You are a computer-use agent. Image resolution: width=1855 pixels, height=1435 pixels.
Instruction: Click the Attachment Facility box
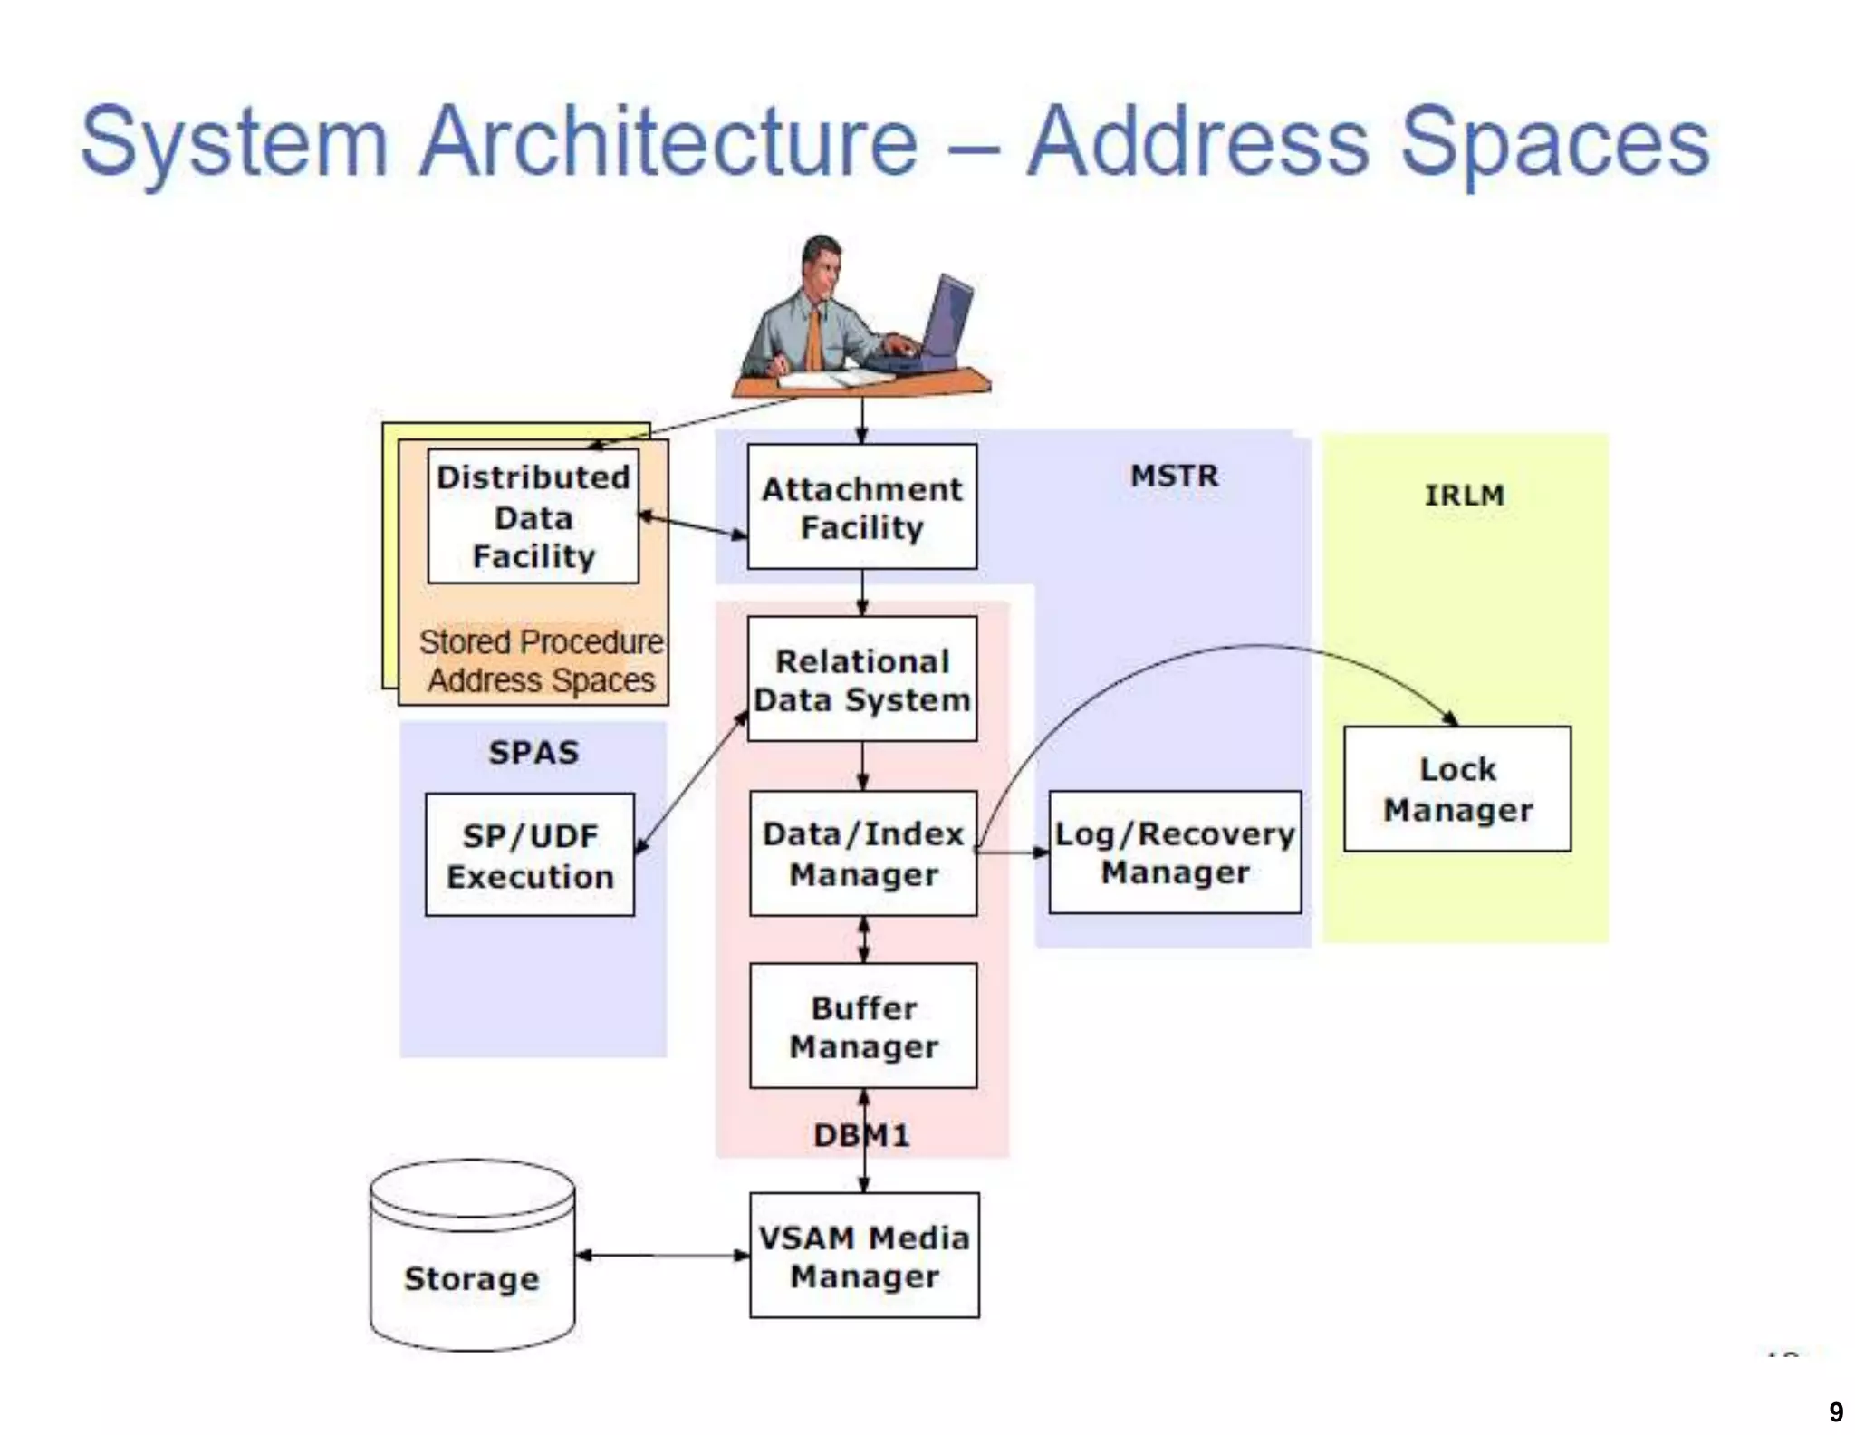click(x=861, y=506)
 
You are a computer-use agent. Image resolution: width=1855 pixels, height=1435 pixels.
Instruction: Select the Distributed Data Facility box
click(x=533, y=516)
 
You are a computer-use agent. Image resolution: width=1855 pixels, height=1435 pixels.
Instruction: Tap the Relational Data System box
click(x=861, y=679)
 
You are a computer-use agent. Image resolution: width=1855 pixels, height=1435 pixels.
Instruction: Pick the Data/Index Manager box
click(x=862, y=853)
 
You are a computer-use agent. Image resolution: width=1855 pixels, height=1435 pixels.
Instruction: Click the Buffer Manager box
click(x=863, y=1026)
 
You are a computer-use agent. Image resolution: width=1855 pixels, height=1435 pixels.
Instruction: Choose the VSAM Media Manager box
click(x=864, y=1256)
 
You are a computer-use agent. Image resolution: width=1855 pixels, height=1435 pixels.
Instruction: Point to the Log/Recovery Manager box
click(x=1175, y=852)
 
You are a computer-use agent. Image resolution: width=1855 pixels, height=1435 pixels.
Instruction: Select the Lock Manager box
click(x=1456, y=788)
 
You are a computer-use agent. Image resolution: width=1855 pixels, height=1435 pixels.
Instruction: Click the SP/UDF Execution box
click(x=530, y=855)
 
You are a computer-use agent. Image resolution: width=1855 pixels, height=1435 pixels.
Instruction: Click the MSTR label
click(x=1174, y=476)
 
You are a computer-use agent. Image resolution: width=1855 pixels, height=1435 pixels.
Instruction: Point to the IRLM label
click(x=1464, y=496)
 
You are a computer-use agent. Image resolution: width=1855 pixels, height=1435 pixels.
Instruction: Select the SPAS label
click(x=533, y=753)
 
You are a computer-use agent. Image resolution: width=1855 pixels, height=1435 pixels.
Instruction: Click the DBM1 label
click(x=860, y=1135)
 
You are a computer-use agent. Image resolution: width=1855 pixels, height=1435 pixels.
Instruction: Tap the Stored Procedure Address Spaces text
click(x=541, y=660)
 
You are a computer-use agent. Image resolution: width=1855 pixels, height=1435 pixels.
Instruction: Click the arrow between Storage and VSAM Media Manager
click(x=662, y=1256)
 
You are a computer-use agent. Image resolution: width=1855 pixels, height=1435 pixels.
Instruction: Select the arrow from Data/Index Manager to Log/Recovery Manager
click(x=1013, y=852)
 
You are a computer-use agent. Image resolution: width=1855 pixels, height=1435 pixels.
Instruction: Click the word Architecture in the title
click(x=668, y=142)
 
